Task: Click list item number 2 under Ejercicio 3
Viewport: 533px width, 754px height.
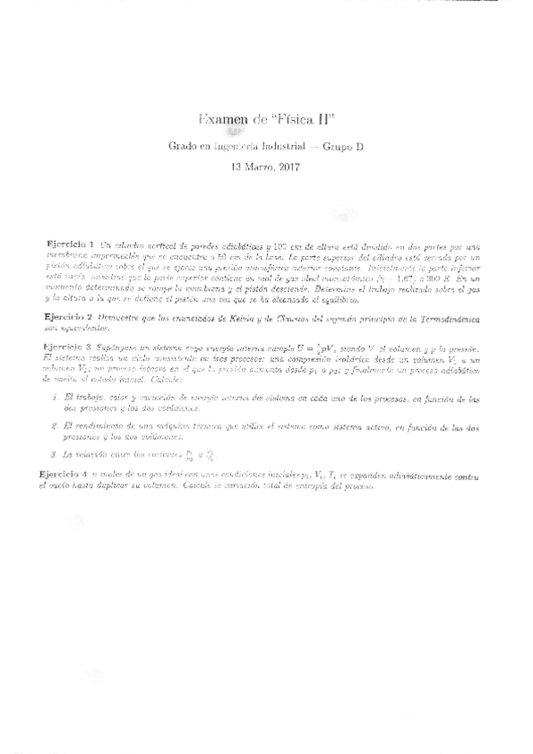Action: [x=54, y=428]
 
